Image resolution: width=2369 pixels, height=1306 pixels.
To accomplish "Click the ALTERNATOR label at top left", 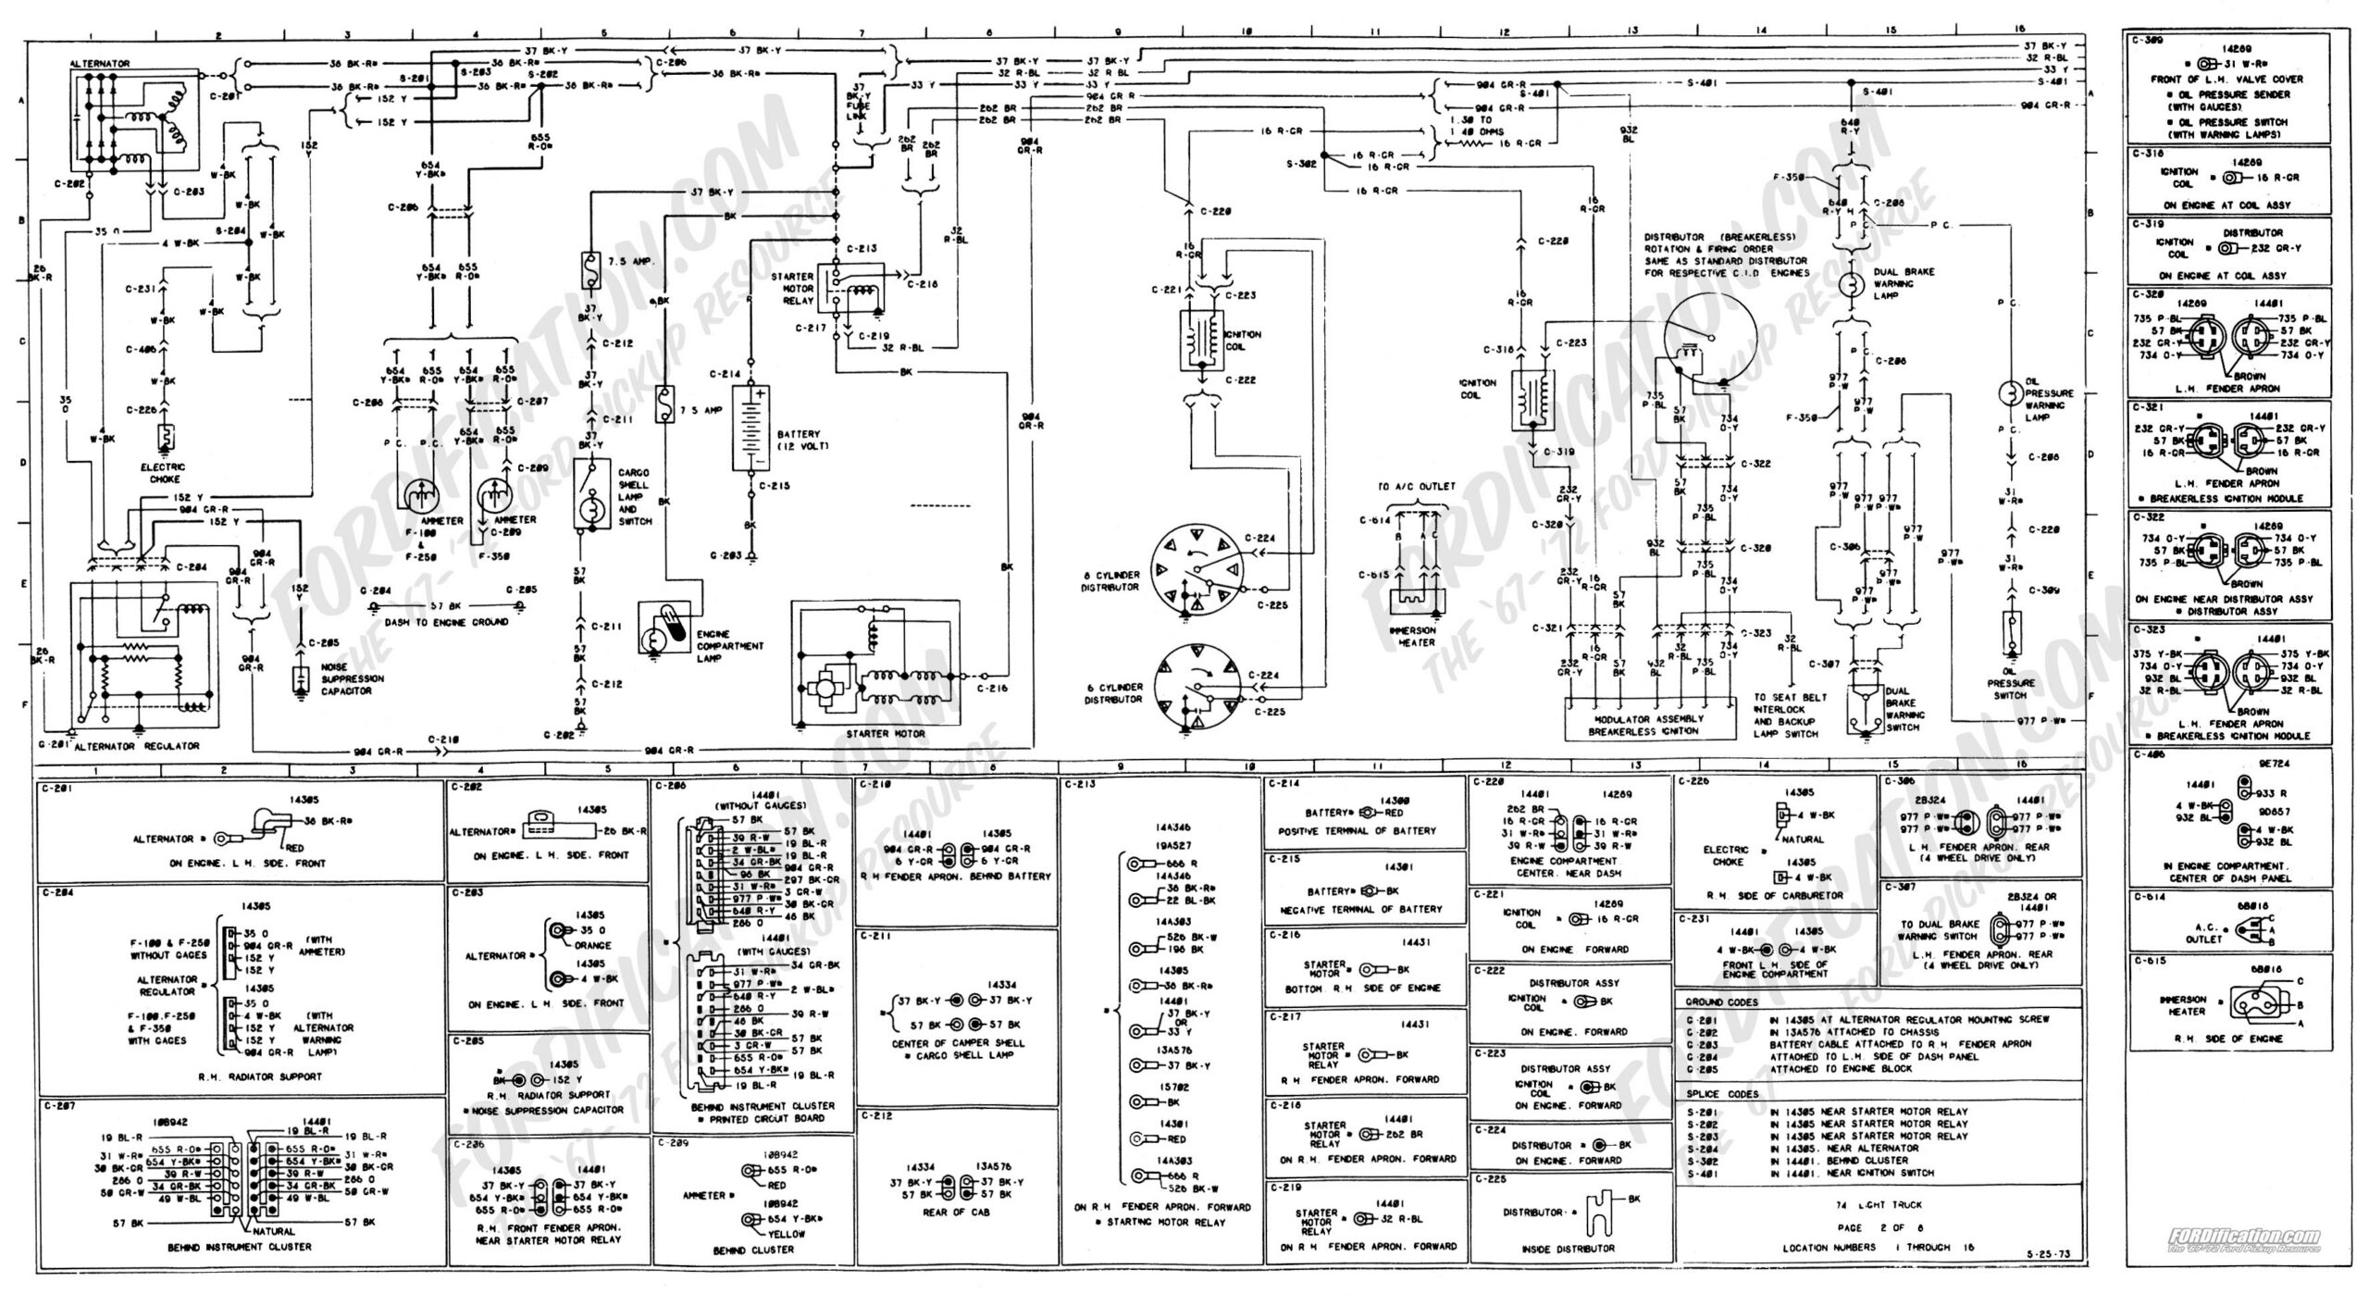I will click(x=100, y=64).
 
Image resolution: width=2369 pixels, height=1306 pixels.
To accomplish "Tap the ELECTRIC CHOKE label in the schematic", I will click(x=164, y=473).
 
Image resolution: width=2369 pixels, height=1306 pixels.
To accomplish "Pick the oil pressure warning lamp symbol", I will click(x=2009, y=392).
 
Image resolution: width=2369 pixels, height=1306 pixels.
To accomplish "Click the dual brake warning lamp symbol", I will click(x=1851, y=284).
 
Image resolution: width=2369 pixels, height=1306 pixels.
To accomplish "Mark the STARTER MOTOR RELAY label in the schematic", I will click(x=792, y=288).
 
